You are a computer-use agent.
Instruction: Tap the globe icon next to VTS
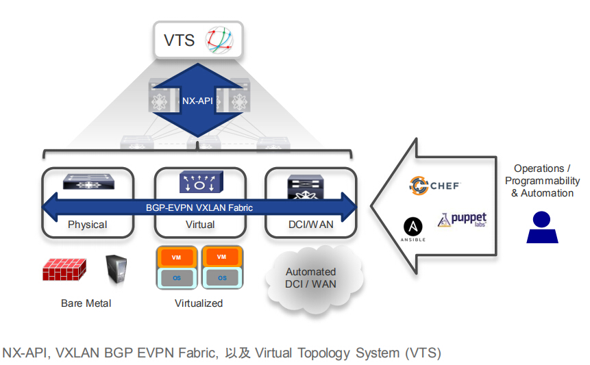pyautogui.click(x=221, y=40)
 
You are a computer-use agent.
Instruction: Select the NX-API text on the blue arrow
pyautogui.click(x=197, y=101)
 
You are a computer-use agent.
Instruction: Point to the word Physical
pyautogui.click(x=87, y=225)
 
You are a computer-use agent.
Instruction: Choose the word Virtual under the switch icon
pyautogui.click(x=199, y=225)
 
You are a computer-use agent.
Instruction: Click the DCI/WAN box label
pyautogui.click(x=310, y=225)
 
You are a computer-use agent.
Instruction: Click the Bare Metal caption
pyautogui.click(x=86, y=303)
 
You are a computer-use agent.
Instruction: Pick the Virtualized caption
pyautogui.click(x=199, y=303)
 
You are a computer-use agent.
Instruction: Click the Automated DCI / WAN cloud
pyautogui.click(x=310, y=277)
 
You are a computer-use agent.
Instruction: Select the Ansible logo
pyautogui.click(x=413, y=229)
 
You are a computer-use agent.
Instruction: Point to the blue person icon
pyautogui.click(x=542, y=227)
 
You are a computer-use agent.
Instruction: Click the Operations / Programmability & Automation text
pyautogui.click(x=542, y=181)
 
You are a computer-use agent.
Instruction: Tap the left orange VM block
pyautogui.click(x=175, y=256)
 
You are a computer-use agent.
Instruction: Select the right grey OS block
pyautogui.click(x=222, y=278)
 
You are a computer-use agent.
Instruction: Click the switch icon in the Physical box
pyautogui.click(x=87, y=182)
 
